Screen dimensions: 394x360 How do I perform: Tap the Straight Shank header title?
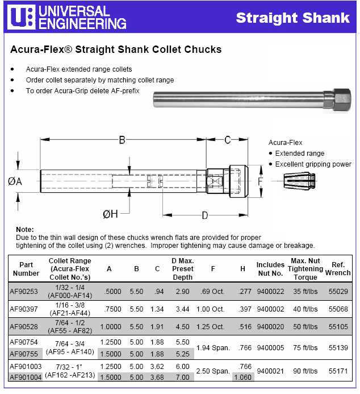pyautogui.click(x=292, y=18)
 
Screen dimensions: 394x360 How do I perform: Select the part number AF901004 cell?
pyautogui.click(x=26, y=377)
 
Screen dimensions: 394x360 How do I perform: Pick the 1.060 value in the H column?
pyautogui.click(x=242, y=377)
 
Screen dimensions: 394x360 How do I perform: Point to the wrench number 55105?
pyautogui.click(x=338, y=327)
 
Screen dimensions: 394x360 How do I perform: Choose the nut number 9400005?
pyautogui.click(x=270, y=347)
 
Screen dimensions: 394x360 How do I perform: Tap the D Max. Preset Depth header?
pyautogui.click(x=182, y=269)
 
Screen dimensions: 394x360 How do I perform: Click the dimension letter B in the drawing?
pyautogui.click(x=122, y=140)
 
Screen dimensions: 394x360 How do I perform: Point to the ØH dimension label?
pyautogui.click(x=110, y=214)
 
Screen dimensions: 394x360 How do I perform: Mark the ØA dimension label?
pyautogui.click(x=15, y=181)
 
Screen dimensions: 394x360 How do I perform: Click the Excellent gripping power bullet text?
pyautogui.click(x=313, y=164)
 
